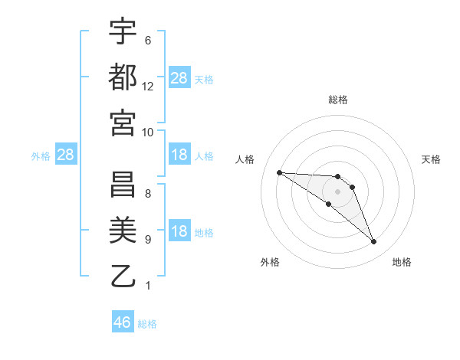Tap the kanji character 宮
(123, 122)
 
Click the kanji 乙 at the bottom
(123, 275)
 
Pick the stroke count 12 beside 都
(148, 87)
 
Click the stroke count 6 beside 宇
(147, 41)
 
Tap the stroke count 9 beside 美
(147, 240)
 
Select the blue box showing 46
(123, 322)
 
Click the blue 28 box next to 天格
(179, 78)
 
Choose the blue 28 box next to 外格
(66, 155)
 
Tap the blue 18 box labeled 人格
(179, 155)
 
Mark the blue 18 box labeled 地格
(179, 232)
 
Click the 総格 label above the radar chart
(337, 100)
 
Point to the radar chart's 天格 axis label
(431, 159)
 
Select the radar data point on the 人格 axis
(279, 172)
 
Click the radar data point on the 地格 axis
(373, 242)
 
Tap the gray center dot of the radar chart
(337, 191)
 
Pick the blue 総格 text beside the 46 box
(147, 324)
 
